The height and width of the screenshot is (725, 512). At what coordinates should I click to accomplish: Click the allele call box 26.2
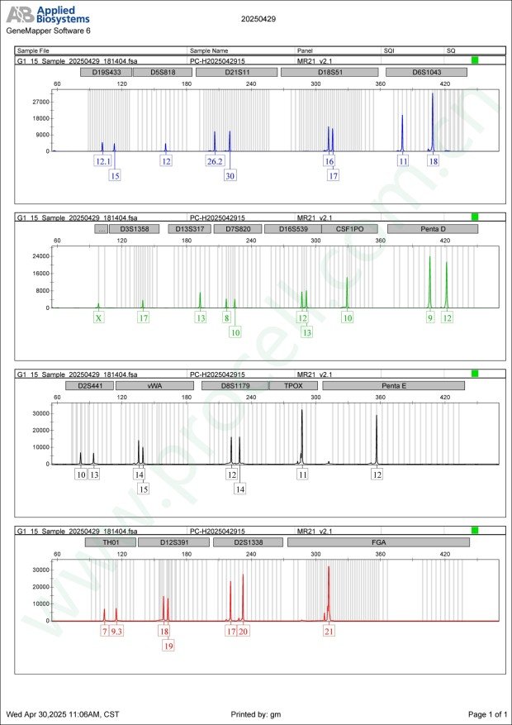tap(215, 161)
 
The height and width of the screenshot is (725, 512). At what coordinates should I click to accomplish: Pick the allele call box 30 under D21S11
tap(230, 175)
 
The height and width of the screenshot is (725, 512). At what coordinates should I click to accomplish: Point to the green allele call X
tap(99, 317)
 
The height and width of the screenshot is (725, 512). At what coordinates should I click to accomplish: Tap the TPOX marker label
tap(293, 385)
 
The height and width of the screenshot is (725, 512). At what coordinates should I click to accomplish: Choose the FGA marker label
tap(378, 542)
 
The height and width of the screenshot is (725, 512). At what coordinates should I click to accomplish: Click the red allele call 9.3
tap(116, 631)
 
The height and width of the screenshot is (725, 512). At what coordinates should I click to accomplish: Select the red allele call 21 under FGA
tap(329, 631)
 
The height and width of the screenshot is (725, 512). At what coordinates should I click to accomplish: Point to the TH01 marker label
tap(109, 542)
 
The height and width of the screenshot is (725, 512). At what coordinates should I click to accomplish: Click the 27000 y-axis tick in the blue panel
tap(39, 102)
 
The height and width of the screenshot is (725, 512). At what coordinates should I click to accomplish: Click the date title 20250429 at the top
tap(257, 18)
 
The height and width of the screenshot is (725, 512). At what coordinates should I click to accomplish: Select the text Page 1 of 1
tap(486, 713)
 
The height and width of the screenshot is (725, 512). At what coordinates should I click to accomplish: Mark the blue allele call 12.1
tap(102, 161)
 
